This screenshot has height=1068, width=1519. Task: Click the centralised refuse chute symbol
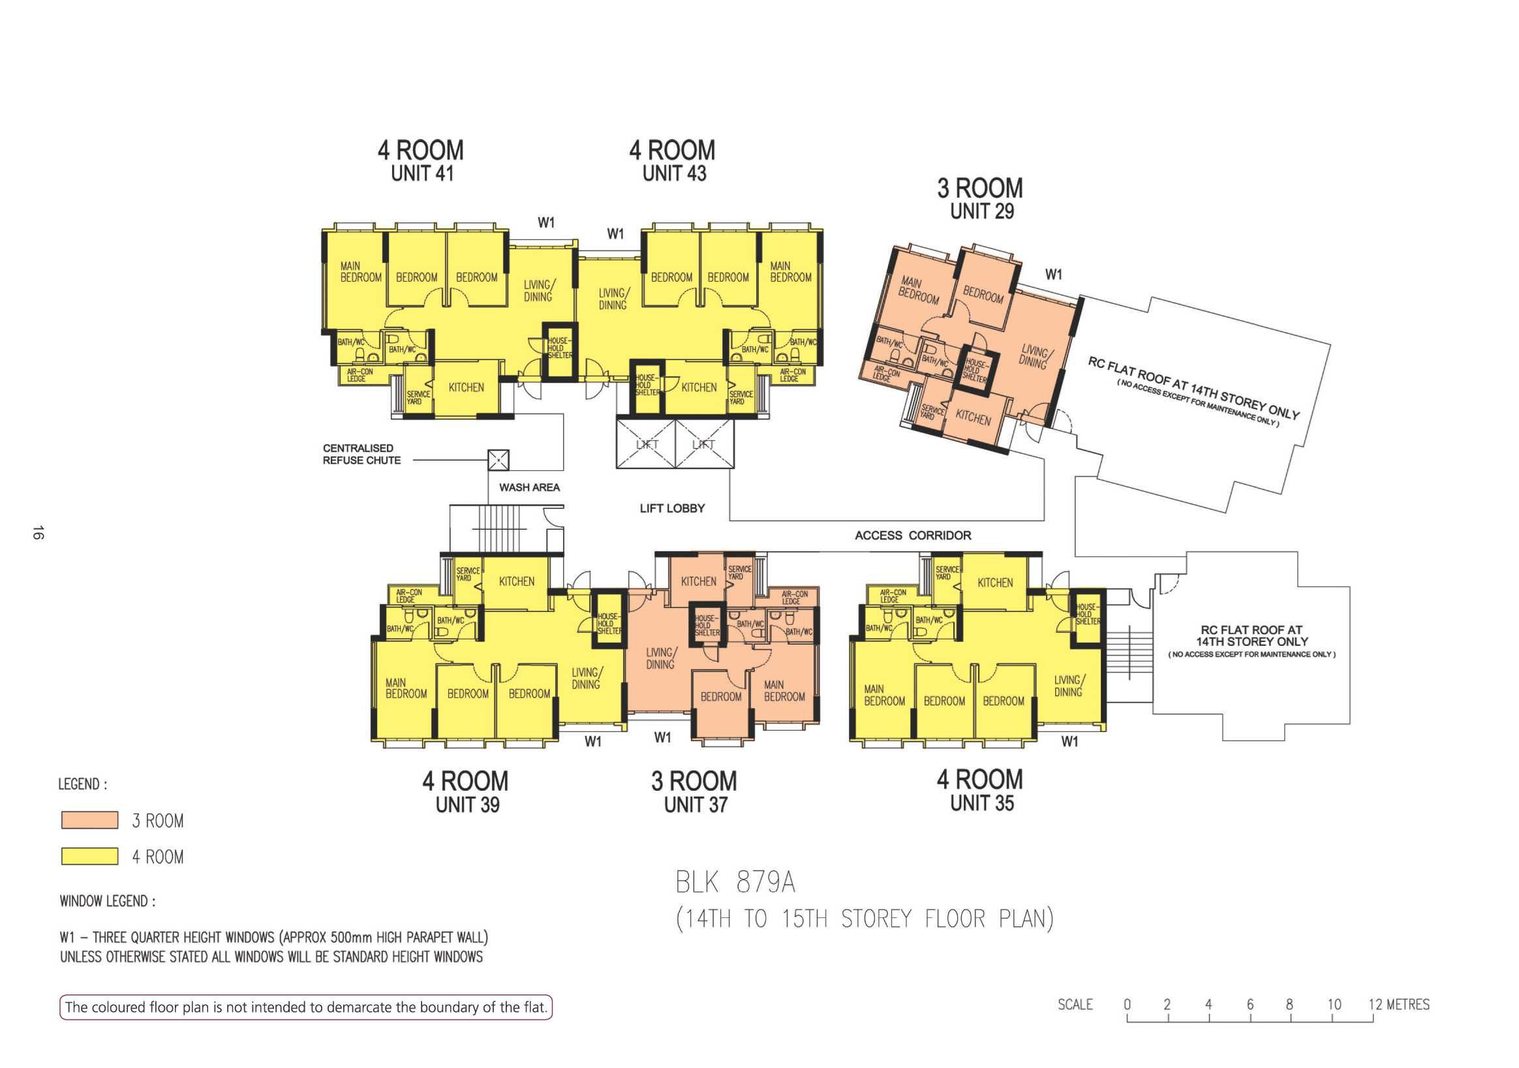pos(498,460)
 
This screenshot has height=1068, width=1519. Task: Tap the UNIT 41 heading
pos(422,174)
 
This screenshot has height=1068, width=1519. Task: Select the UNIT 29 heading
pos(982,212)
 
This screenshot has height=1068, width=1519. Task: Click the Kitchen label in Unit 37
pos(699,582)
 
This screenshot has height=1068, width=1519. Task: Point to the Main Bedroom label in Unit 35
pos(884,695)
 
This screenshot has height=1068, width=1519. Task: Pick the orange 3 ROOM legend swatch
pos(89,821)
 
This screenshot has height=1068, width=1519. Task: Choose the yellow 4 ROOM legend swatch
pos(89,856)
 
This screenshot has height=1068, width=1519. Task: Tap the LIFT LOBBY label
pos(672,508)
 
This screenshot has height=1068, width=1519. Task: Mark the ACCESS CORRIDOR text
pos(913,536)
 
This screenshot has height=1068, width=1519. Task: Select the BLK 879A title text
pos(735,883)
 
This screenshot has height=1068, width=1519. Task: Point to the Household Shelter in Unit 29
pos(975,371)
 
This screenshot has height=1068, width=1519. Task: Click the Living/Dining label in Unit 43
pos(613,299)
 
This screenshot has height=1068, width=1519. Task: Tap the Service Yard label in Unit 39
pos(468,573)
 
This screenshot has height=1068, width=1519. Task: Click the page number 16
pos(38,532)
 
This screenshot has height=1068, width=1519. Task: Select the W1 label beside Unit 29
pos(1053,274)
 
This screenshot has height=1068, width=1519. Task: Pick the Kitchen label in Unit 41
pos(467,388)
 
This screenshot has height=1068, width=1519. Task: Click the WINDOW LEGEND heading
pos(108,901)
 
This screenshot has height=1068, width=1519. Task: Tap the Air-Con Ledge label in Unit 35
pos(893,596)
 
